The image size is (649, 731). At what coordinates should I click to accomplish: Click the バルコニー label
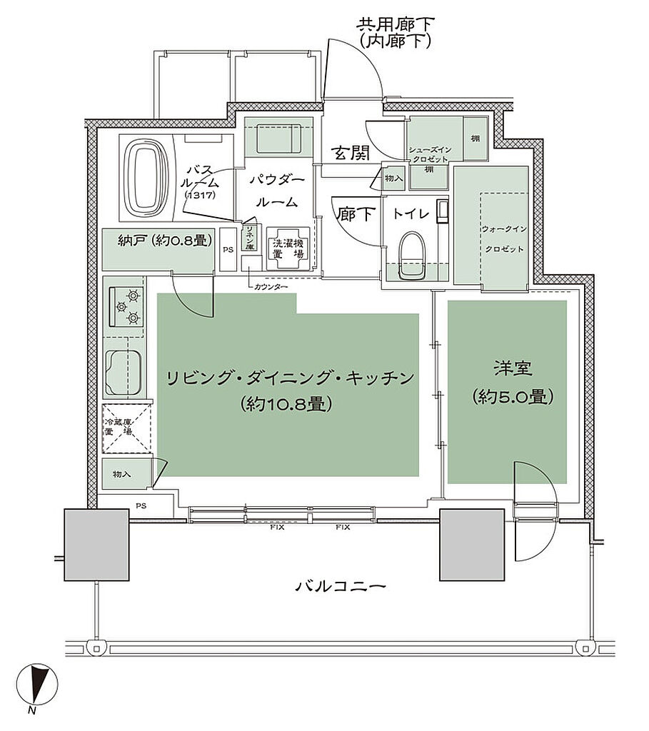[341, 587]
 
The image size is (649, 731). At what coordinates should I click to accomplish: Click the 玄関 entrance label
[350, 153]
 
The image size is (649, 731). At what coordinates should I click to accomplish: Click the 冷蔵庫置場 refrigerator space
[126, 428]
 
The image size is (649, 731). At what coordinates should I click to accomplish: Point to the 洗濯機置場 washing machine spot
[288, 248]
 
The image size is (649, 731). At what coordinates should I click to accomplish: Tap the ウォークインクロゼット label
[504, 239]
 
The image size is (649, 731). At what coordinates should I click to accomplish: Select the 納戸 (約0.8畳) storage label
[165, 241]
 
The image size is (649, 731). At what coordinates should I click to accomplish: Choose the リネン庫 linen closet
[251, 238]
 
